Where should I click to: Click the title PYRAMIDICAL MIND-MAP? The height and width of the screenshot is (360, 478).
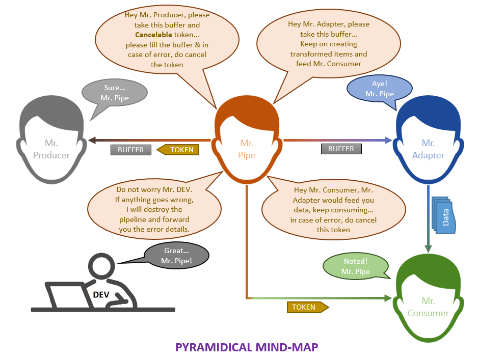click(247, 347)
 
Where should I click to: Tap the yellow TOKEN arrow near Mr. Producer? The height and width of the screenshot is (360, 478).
click(178, 150)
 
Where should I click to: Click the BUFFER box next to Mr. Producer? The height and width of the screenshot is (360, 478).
click(131, 150)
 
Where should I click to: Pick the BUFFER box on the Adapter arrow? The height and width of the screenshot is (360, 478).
click(341, 149)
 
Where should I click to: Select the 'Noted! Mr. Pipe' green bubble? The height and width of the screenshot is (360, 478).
click(355, 266)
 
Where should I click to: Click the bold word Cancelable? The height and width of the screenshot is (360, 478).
click(153, 35)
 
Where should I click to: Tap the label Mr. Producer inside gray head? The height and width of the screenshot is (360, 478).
click(51, 149)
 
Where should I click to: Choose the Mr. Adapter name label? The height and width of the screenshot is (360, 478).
click(428, 149)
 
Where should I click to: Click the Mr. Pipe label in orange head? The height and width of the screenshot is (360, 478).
click(247, 149)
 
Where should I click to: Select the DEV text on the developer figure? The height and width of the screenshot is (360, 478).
click(101, 294)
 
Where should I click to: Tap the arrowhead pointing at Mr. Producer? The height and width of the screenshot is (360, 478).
click(91, 140)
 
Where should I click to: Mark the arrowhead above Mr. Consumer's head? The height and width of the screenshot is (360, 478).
click(428, 248)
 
